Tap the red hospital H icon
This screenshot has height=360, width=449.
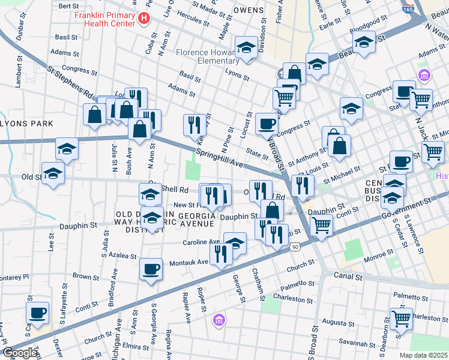143,19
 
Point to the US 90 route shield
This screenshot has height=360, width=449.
295,246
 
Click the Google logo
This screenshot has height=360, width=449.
20,353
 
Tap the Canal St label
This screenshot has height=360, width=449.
348,277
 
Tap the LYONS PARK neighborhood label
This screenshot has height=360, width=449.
26,124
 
